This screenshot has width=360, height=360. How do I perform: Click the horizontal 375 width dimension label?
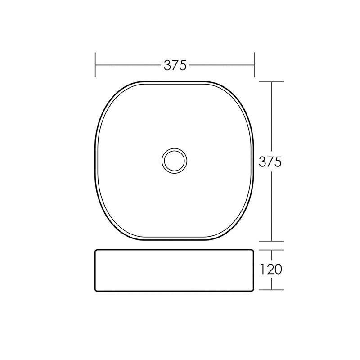click(x=175, y=65)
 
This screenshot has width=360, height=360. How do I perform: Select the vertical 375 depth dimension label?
click(x=270, y=162)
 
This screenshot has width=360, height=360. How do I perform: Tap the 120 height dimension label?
click(x=270, y=269)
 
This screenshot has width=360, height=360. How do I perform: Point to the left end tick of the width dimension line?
click(x=95, y=65)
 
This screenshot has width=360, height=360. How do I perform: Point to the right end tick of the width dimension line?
click(x=255, y=65)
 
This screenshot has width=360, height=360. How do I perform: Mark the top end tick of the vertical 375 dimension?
click(x=272, y=82)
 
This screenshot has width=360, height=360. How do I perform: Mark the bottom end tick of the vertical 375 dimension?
click(x=272, y=241)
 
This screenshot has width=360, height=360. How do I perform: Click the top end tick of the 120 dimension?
click(x=272, y=250)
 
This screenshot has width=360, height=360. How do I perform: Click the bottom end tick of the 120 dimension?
click(x=272, y=290)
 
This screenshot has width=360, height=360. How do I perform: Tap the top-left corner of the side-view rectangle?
click(x=96, y=250)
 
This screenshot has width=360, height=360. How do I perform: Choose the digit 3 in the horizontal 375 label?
click(x=168, y=65)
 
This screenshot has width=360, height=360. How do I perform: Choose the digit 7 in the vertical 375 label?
click(x=270, y=162)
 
